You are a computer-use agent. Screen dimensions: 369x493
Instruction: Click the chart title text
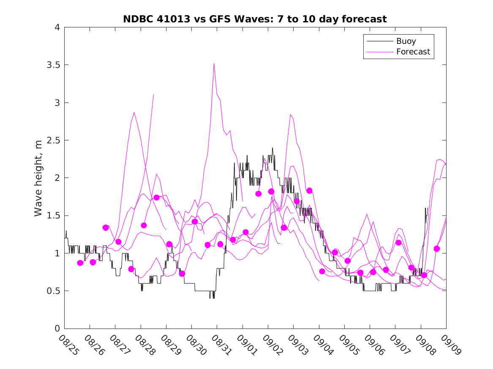255,19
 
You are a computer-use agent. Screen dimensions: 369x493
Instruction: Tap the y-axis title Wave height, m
38,178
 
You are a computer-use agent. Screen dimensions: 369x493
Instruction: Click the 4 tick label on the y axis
57,27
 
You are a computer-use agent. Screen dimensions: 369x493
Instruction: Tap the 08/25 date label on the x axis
68,345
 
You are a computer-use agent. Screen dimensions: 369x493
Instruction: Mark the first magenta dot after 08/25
80,263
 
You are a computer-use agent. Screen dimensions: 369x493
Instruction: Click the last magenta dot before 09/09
437,249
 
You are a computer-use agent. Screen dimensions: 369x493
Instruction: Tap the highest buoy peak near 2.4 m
272,148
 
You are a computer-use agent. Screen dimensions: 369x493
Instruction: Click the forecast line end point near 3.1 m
153,94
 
